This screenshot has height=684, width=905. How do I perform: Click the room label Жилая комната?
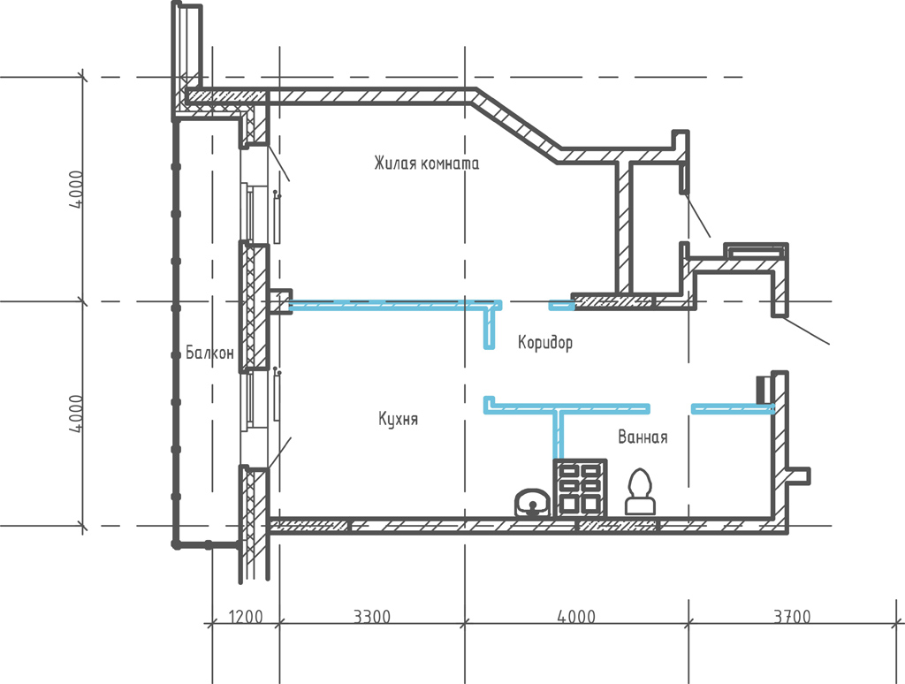(426, 163)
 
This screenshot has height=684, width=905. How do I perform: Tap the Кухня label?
(398, 419)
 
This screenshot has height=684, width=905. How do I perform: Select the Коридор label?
(544, 342)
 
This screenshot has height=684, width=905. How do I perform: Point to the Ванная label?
(643, 437)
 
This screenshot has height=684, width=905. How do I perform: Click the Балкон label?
(209, 352)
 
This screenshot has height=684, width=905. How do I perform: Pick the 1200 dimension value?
(246, 617)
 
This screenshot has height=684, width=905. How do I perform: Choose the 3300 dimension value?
(372, 617)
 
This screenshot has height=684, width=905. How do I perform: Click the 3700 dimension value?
(792, 617)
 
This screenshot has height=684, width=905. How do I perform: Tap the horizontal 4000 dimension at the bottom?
(576, 617)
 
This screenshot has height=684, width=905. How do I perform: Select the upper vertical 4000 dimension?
(76, 190)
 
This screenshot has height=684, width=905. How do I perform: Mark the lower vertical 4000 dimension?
(76, 414)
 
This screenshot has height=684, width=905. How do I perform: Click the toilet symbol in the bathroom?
(640, 491)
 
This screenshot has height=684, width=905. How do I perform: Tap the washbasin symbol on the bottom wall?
(532, 503)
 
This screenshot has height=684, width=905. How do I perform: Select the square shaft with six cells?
(580, 488)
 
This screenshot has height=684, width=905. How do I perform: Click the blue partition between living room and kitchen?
(395, 305)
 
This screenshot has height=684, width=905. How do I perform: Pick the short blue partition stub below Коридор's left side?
(489, 328)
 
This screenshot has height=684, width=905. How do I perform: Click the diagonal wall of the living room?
(516, 125)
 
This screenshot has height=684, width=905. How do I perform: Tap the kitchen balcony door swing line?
(278, 453)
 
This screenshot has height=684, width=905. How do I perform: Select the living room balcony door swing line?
(278, 163)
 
